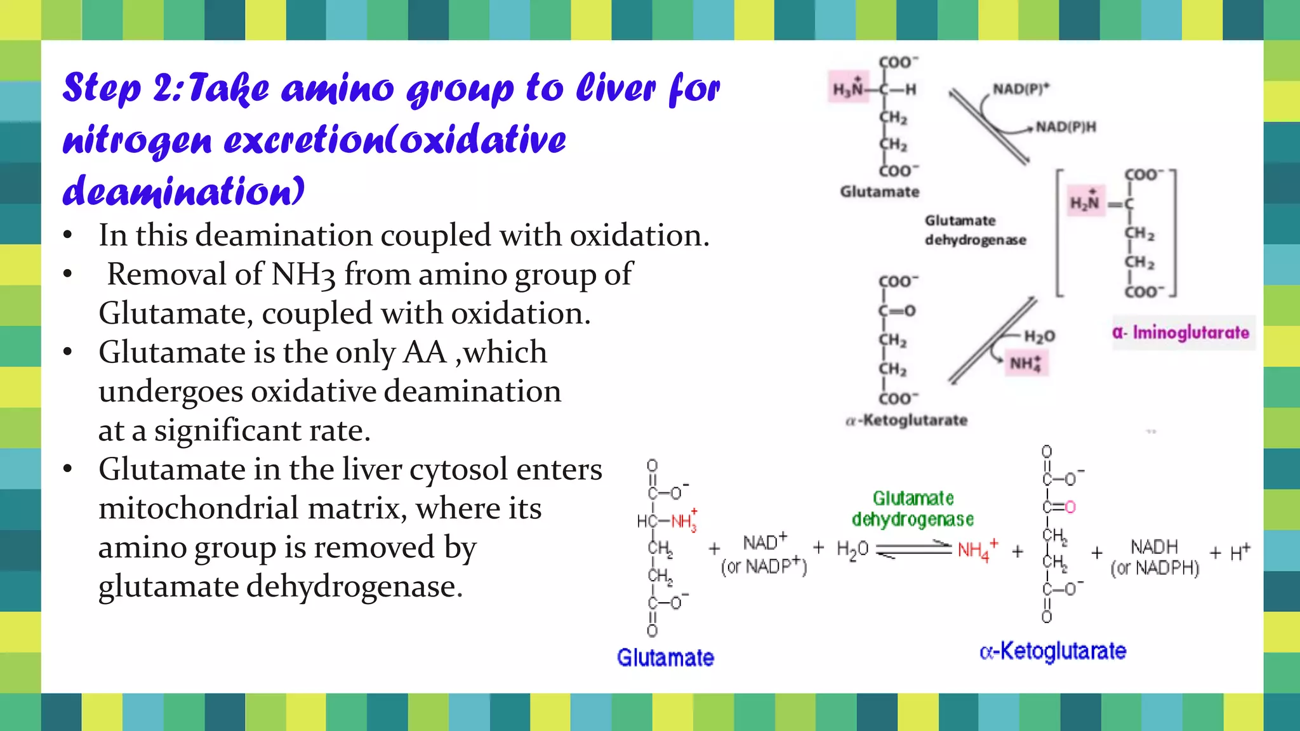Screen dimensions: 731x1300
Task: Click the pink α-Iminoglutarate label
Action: pyautogui.click(x=1181, y=333)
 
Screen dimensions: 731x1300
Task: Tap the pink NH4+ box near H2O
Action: pyautogui.click(x=1026, y=364)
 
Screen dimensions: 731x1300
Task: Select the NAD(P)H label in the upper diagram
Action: pyautogui.click(x=1066, y=127)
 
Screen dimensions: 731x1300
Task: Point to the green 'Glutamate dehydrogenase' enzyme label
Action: pyautogui.click(x=913, y=509)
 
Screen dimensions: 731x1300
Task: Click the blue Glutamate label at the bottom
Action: pyautogui.click(x=665, y=657)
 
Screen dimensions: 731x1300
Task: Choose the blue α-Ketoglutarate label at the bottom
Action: pyautogui.click(x=1052, y=651)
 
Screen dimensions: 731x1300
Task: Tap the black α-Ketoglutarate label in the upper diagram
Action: pyautogui.click(x=906, y=420)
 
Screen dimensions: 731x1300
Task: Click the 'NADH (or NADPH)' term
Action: pyautogui.click(x=1155, y=557)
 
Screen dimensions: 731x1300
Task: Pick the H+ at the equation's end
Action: pyautogui.click(x=1240, y=552)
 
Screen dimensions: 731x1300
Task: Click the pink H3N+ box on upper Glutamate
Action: pyautogui.click(x=848, y=89)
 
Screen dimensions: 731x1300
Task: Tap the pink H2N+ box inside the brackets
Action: pyautogui.click(x=1085, y=202)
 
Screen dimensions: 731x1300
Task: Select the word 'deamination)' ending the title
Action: pyautogui.click(x=183, y=190)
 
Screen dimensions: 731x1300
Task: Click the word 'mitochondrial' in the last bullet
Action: pyautogui.click(x=252, y=508)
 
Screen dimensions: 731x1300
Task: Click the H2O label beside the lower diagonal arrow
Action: pyautogui.click(x=1039, y=336)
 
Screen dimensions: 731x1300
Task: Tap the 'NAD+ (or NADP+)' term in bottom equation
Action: pyautogui.click(x=764, y=554)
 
